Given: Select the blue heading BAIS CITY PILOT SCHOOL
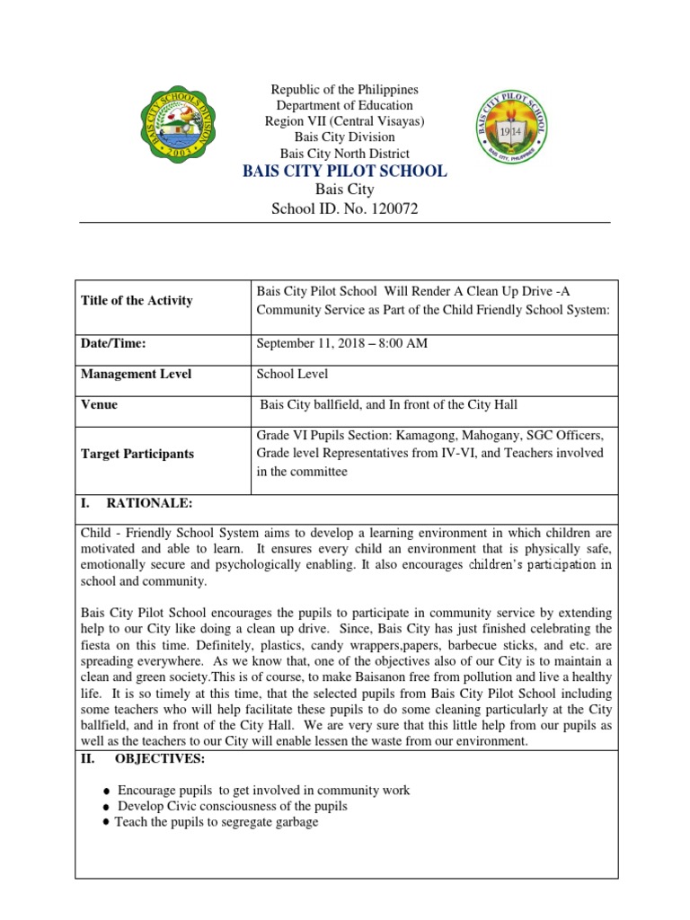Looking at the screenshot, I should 345,171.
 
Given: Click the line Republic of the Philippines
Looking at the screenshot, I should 345,90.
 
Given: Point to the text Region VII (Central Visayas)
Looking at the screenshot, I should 345,121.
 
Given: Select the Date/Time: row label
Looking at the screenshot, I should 113,343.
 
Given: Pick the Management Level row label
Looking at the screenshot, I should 136,374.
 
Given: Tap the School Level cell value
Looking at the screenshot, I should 292,374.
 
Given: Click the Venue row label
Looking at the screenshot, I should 99,404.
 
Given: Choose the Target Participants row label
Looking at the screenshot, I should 137,454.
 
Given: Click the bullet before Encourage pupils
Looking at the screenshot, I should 108,792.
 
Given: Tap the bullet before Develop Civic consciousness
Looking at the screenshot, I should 108,807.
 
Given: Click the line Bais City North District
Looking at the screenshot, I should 345,153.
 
